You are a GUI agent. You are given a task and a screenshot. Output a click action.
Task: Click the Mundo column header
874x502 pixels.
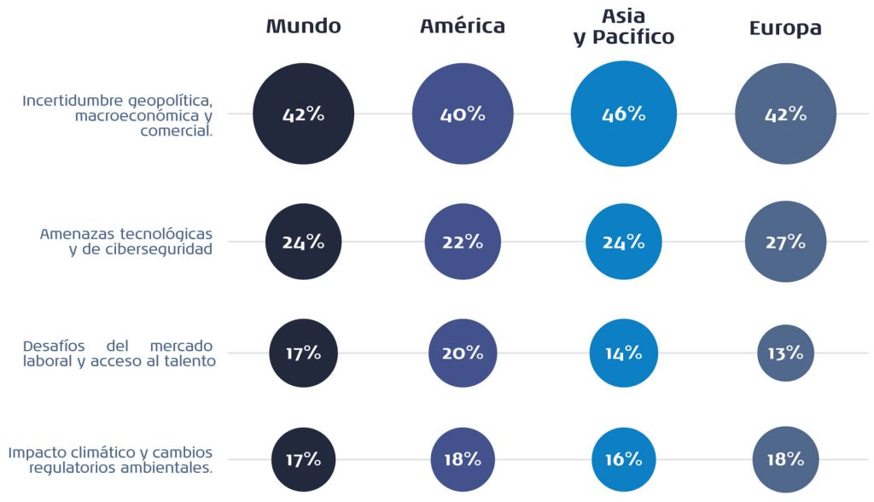(x=303, y=26)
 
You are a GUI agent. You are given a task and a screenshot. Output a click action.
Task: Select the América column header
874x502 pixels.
(x=462, y=26)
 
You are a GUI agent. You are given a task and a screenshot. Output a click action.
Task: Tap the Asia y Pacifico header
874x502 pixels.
(x=624, y=26)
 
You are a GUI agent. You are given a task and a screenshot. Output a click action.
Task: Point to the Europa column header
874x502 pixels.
(x=785, y=28)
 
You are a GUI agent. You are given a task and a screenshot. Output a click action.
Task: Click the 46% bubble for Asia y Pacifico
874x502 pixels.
(x=624, y=114)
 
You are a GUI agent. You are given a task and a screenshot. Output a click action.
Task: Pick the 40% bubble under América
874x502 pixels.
(x=463, y=114)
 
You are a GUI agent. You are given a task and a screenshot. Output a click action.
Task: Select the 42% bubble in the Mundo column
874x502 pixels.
(x=303, y=114)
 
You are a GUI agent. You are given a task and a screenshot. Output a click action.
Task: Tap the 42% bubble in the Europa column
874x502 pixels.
(x=785, y=114)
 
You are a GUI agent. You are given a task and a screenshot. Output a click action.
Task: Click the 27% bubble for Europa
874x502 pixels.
(x=785, y=242)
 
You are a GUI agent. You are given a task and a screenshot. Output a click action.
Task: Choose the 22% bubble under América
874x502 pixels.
(x=463, y=242)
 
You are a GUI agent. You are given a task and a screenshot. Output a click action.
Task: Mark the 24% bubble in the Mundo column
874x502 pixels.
(x=303, y=242)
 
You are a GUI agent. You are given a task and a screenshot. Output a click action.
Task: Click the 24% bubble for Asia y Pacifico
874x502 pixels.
(x=624, y=242)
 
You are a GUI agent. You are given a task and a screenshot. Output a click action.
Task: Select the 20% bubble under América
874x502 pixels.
(x=463, y=353)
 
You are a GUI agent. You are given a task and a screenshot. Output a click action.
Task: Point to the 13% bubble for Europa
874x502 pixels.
(x=785, y=353)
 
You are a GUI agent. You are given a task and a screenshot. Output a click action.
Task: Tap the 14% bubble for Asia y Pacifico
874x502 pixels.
(x=624, y=353)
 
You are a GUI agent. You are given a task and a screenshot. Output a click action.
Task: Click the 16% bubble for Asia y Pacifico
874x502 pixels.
(x=624, y=459)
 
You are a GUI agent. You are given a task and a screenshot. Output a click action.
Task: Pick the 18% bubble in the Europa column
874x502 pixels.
(x=785, y=459)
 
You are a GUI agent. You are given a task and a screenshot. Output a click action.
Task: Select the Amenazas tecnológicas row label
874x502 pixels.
(x=126, y=242)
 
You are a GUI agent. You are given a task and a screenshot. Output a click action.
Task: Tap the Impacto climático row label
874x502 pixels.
(x=111, y=459)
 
